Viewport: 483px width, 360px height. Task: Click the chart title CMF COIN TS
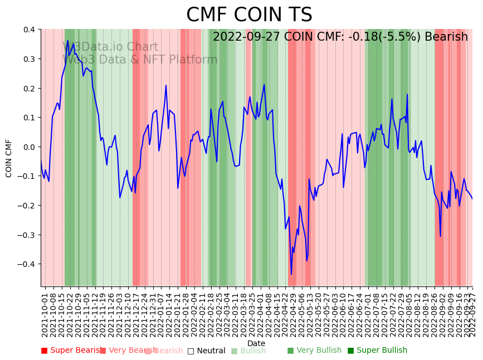tap(249, 15)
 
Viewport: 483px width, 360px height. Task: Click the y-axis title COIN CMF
tap(9, 158)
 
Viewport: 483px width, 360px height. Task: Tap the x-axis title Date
tap(256, 343)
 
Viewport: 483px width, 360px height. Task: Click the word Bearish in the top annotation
tap(448, 37)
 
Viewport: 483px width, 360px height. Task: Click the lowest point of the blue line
tap(291, 274)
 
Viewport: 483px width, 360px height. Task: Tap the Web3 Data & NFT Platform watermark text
tap(139, 60)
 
